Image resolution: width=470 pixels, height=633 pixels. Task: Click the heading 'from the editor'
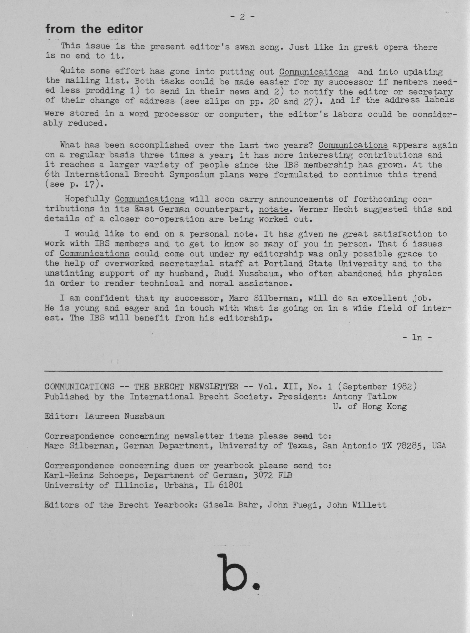94,29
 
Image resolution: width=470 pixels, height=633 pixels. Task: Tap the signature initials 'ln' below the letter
417,337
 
